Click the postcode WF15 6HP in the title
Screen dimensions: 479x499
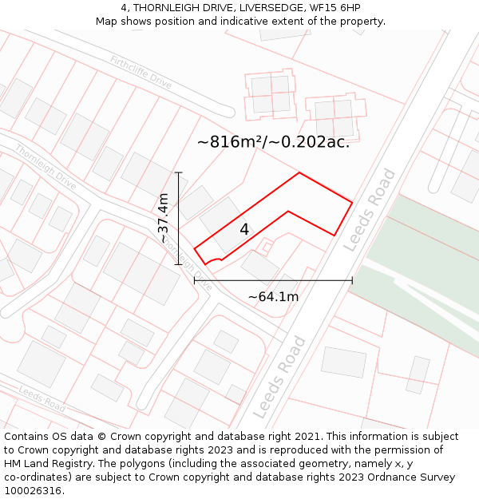point(335,7)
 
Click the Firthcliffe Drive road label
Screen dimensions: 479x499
point(141,71)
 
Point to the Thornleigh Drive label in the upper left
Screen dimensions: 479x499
point(46,167)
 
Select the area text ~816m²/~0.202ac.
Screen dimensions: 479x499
point(273,142)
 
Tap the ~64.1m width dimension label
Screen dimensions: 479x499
point(273,297)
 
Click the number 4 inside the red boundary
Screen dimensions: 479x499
point(244,229)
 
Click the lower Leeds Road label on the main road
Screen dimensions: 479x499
point(279,377)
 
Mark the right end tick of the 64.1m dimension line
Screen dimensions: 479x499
point(352,280)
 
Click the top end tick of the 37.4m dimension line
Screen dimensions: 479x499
point(179,172)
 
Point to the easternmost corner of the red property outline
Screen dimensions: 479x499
point(352,201)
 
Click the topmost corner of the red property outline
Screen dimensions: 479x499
point(299,172)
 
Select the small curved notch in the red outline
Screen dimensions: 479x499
point(212,259)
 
